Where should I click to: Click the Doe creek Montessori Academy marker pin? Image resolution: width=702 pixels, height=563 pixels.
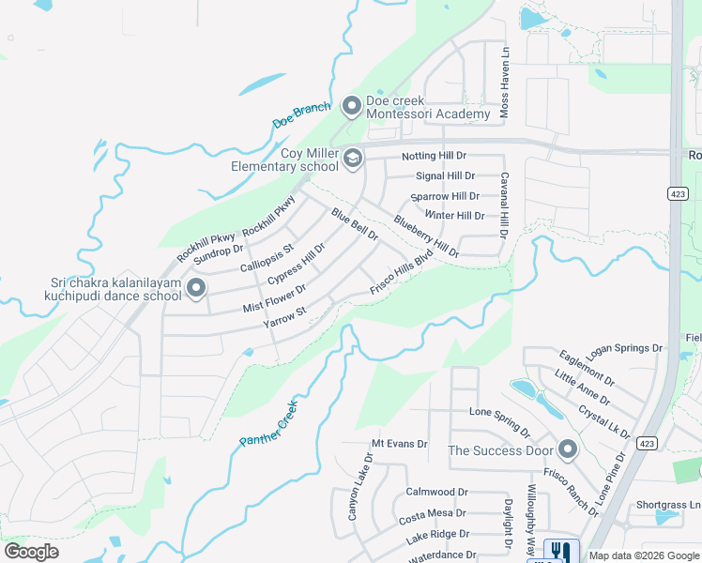352,106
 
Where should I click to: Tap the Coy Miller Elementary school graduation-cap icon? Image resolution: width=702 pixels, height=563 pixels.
352,159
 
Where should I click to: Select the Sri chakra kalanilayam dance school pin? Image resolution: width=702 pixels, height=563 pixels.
195,288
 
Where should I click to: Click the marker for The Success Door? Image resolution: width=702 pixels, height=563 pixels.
566,449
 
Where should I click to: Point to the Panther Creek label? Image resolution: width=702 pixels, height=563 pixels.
267,423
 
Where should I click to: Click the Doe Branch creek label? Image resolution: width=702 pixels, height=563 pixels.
301,116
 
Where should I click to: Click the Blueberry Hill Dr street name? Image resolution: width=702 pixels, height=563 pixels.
426,236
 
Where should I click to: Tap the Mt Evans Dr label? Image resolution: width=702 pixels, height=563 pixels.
399,444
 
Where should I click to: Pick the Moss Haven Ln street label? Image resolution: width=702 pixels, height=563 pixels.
504,97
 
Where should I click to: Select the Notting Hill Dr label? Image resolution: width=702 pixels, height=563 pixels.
434,155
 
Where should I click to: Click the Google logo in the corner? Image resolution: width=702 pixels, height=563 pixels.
31,552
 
